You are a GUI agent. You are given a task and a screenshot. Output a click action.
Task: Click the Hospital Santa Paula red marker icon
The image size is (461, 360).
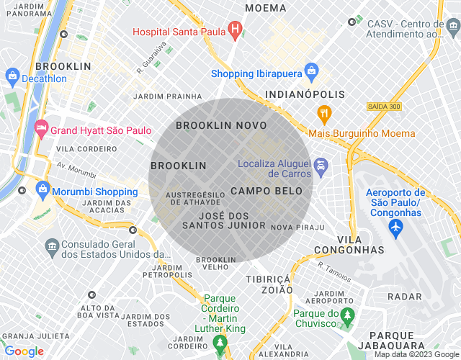234,30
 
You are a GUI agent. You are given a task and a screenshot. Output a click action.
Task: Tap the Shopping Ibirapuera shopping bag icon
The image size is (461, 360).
311,71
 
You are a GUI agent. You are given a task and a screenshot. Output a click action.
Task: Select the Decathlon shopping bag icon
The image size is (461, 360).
12,75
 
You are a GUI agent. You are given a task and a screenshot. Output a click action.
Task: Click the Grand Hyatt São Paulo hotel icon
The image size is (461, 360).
41,130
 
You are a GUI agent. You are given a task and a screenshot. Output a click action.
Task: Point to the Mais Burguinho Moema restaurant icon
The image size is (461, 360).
324,114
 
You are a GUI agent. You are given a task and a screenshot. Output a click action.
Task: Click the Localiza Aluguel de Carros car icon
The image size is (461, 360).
321,168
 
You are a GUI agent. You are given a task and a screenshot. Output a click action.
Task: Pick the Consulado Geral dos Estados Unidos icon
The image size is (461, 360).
51,247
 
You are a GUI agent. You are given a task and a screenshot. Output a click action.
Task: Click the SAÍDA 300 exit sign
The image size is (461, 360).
382,106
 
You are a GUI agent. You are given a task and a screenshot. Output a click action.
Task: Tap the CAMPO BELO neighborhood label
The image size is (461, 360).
261,191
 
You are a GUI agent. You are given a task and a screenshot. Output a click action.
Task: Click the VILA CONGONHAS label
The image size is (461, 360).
350,244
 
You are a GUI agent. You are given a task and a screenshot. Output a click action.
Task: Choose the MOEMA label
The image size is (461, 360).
265,8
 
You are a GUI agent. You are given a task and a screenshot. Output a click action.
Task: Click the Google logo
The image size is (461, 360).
24,351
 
